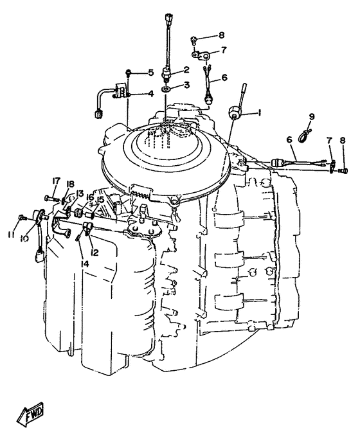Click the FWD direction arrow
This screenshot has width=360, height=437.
pyautogui.click(x=30, y=415)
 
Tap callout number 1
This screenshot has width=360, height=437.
pyautogui.click(x=259, y=112)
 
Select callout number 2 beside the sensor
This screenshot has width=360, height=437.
pyautogui.click(x=186, y=69)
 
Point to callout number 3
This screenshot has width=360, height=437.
pyautogui.click(x=186, y=84)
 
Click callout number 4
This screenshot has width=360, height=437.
pyautogui.click(x=150, y=94)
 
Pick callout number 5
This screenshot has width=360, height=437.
pyautogui.click(x=151, y=73)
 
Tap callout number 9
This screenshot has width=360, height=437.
pyautogui.click(x=312, y=116)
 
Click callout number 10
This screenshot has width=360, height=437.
pyautogui.click(x=24, y=238)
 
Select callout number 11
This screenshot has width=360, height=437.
pyautogui.click(x=11, y=235)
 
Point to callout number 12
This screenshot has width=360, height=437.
pyautogui.click(x=94, y=253)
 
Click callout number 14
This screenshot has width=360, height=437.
pyautogui.click(x=85, y=263)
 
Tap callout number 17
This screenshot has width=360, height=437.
pyautogui.click(x=56, y=181)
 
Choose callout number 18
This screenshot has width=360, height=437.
pyautogui.click(x=70, y=184)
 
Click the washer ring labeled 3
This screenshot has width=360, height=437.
pyautogui.click(x=166, y=89)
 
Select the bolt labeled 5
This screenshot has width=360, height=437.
pyautogui.click(x=129, y=73)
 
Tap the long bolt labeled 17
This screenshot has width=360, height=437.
pyautogui.click(x=52, y=199)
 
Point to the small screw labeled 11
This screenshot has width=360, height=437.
pyautogui.click(x=22, y=217)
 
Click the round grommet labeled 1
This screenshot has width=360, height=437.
pyautogui.click(x=233, y=112)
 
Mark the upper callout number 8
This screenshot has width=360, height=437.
pyautogui.click(x=221, y=35)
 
